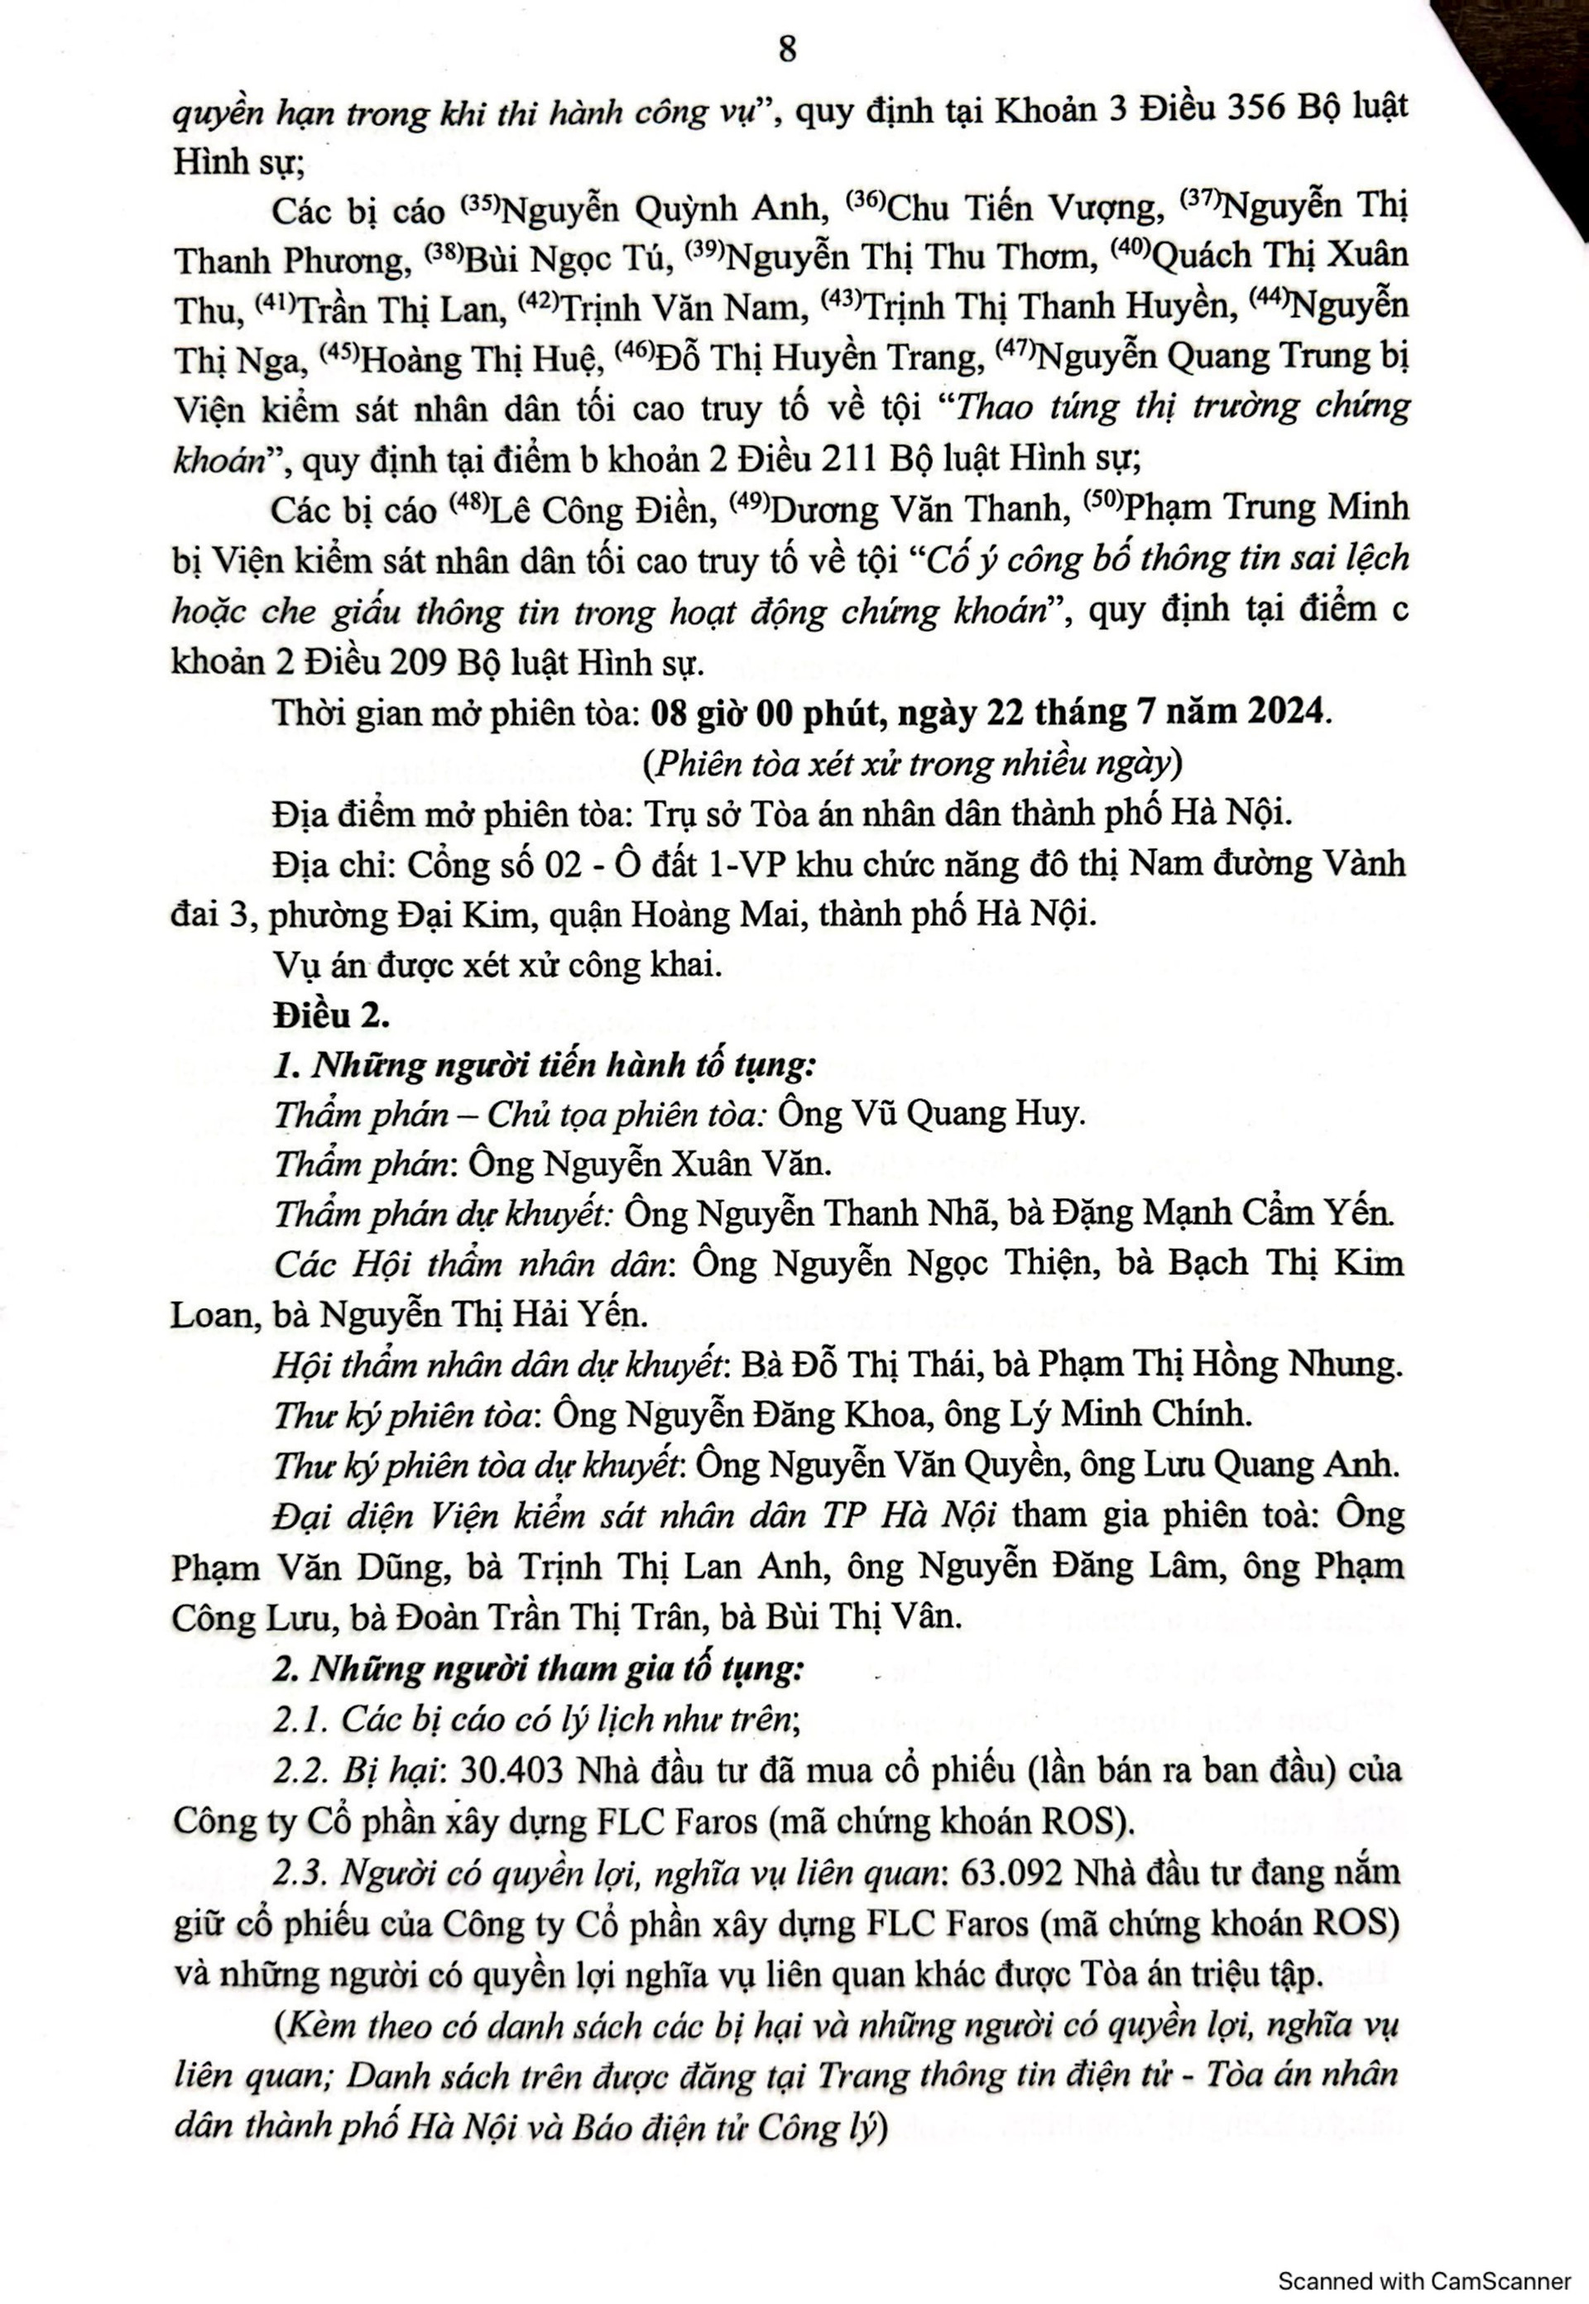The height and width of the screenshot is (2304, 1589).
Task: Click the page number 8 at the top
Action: [x=786, y=49]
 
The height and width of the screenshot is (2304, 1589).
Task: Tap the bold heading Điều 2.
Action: [x=332, y=1015]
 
